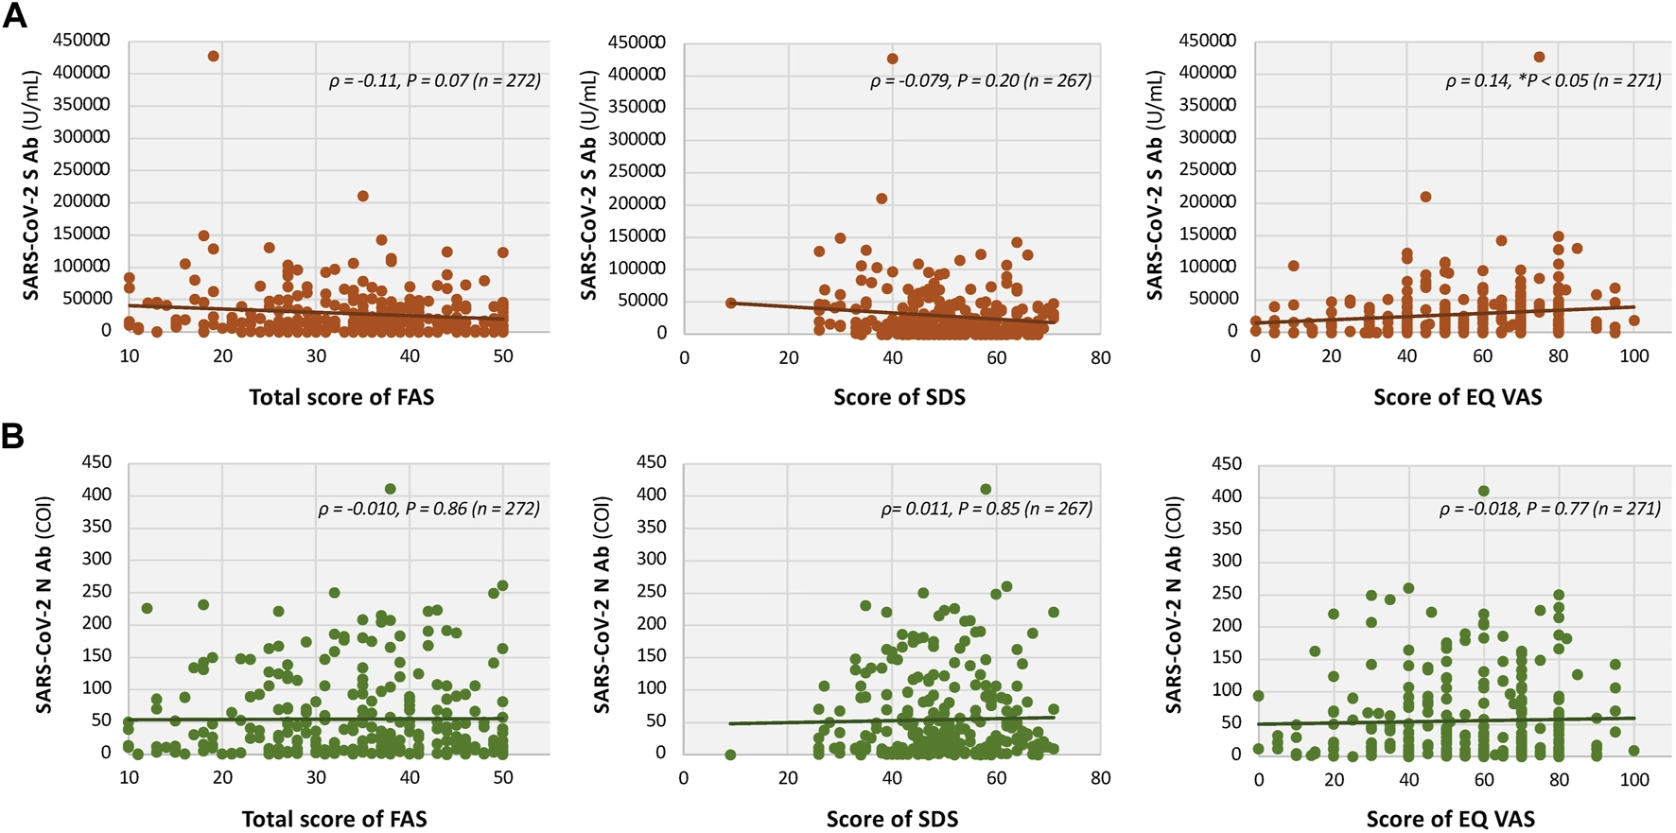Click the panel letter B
pos(13,436)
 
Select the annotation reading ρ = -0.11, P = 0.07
pos(434,81)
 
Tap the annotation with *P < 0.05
pos(1553,81)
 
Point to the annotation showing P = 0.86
pos(428,509)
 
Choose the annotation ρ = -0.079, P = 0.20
pos(980,81)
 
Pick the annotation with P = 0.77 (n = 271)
pos(1549,509)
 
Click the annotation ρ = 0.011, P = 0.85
pos(986,509)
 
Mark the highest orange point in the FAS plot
pos(214,57)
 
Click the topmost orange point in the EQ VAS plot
pos(1539,58)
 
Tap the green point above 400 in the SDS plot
pos(986,490)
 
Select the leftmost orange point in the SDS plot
pos(730,304)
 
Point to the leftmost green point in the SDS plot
pos(730,755)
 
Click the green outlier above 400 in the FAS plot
pos(390,489)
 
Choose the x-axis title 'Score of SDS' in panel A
pos(899,397)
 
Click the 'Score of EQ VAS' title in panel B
pos(1450,819)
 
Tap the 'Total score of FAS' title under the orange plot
pos(341,397)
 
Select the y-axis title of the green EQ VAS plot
pos(1174,605)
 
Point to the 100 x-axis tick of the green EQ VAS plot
pos(1633,780)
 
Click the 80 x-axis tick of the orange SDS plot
pos(1100,358)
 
